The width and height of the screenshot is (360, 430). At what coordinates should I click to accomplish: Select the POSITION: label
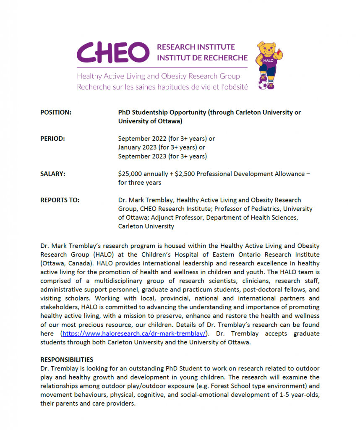(x=55, y=113)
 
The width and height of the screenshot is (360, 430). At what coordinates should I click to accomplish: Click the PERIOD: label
(x=52, y=138)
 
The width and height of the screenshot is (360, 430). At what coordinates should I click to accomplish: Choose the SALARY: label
(x=52, y=174)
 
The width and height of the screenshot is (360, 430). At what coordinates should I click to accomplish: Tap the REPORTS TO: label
(x=60, y=200)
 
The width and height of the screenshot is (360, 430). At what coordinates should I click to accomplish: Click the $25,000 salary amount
(x=130, y=174)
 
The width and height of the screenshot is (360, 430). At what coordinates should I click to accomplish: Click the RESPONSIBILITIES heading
(x=67, y=360)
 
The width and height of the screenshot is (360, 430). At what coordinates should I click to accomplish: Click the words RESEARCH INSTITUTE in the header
(x=196, y=47)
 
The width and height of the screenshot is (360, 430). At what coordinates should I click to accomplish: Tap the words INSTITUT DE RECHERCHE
(x=202, y=58)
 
